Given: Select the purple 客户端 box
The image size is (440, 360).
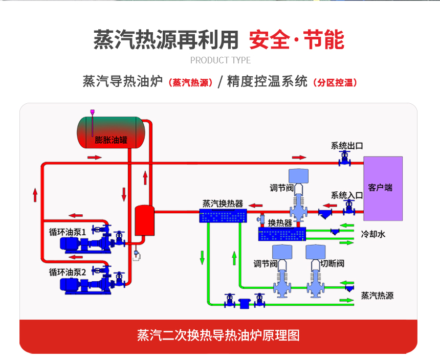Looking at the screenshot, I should click(383, 188).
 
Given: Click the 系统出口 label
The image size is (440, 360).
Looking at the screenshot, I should click(347, 146).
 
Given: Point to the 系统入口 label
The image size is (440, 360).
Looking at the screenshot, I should click(347, 195).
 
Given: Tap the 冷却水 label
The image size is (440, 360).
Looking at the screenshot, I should click(372, 234).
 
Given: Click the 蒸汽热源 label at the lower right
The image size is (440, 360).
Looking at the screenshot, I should click(377, 296).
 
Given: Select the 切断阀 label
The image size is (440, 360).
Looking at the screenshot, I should click(332, 264).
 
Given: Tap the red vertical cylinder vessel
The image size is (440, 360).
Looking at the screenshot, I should click(144, 220).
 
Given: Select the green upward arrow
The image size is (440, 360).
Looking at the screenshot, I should click(234, 257).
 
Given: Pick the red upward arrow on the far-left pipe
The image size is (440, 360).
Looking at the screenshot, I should click(35, 195).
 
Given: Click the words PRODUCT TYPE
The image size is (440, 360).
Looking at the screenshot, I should click(221, 60).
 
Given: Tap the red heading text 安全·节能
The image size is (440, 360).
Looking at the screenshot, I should click(296, 40).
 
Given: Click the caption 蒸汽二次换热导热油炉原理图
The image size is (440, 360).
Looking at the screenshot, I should click(218, 335).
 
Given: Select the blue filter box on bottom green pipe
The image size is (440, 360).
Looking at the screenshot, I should click(245, 302).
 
